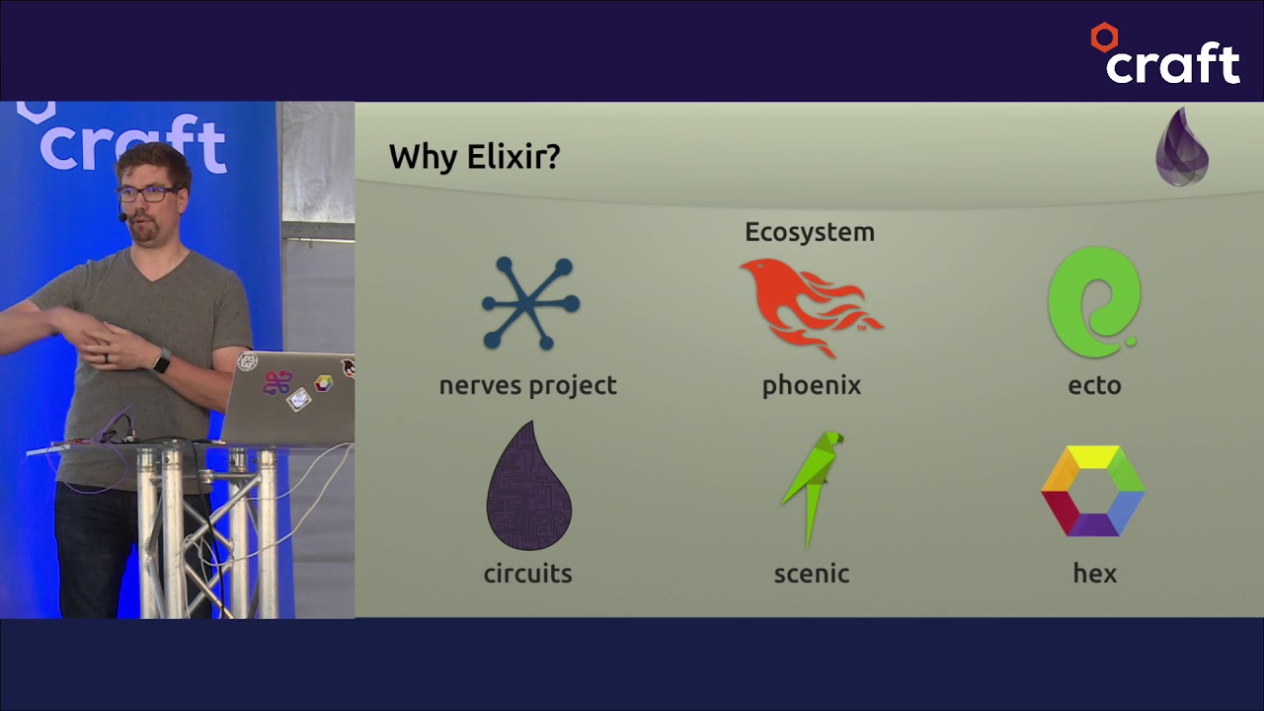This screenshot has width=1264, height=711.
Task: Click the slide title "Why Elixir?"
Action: pos(474,156)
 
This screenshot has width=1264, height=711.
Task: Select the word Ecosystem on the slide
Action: pos(809,232)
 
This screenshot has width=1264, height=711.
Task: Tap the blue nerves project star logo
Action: pos(530,303)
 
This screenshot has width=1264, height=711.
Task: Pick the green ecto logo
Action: pos(1094,302)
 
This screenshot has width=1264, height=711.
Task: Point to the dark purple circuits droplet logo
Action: pos(528,487)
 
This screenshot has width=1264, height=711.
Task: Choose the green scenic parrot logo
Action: pos(813,486)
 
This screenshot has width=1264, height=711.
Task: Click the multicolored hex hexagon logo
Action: pos(1093,491)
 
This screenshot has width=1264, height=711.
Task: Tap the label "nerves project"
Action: pos(527,385)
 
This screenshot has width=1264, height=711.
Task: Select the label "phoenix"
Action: pos(811,385)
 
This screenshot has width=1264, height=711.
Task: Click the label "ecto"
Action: pos(1094,385)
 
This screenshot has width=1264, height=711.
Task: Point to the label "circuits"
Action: pos(527,574)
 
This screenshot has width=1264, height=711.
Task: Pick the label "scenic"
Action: pos(811,574)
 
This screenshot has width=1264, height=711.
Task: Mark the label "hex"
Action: pos(1094,574)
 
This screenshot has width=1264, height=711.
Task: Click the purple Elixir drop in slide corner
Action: pos(1182,148)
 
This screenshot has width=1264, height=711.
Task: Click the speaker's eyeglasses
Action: pos(147,194)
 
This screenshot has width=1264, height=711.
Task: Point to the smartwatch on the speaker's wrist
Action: pos(161,362)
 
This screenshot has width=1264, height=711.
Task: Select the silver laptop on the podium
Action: pos(291,395)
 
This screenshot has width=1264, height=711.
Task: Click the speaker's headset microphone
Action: pos(123,216)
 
